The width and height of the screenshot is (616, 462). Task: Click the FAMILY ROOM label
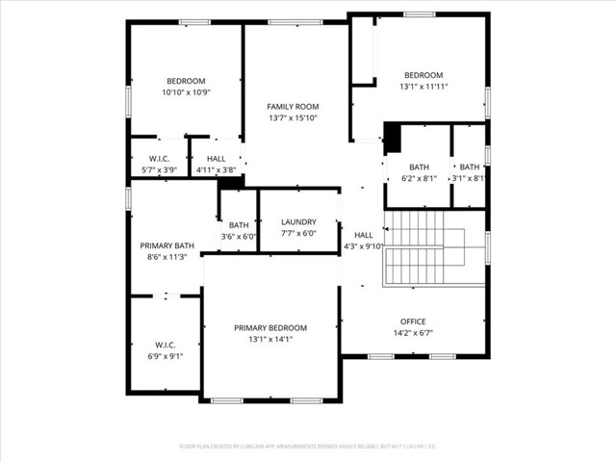[293, 107]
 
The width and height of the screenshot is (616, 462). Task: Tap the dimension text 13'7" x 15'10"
[293, 118]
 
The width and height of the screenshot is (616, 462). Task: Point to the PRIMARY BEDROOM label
[270, 328]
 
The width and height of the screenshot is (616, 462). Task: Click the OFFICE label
[413, 321]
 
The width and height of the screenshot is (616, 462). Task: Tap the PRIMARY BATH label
[167, 245]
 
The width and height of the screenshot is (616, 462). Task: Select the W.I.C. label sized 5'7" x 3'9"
[160, 158]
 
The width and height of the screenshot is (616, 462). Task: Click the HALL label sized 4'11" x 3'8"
[216, 158]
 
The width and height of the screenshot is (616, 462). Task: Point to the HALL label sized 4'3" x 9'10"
[364, 235]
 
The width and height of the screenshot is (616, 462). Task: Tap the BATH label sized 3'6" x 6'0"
[239, 225]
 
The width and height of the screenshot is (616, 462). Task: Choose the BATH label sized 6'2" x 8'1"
[419, 167]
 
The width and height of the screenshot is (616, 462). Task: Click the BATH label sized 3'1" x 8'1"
[469, 167]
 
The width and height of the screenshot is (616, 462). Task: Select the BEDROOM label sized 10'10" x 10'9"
[186, 81]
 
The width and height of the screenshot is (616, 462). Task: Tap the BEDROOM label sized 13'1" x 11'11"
[423, 75]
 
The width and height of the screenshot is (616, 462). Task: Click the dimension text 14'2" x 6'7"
[413, 333]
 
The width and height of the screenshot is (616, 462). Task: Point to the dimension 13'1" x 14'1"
[270, 339]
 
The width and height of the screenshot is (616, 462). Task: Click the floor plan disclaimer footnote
[308, 447]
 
